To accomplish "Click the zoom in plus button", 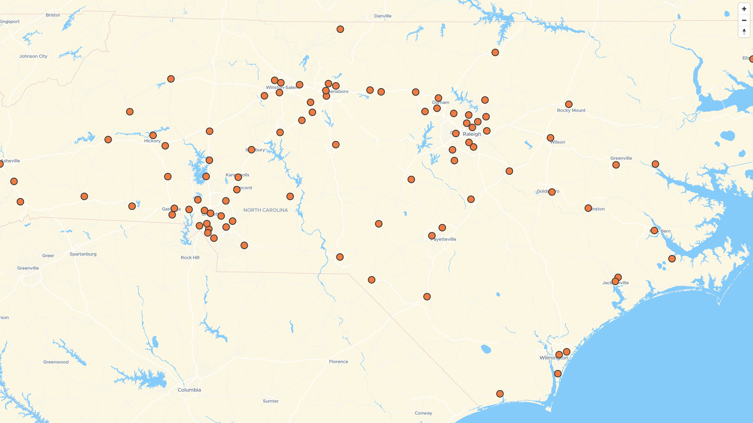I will [x=744, y=9].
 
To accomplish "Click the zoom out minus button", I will [x=744, y=20].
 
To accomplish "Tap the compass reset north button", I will [x=744, y=31].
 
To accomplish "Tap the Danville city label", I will [x=382, y=16].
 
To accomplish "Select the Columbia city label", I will [x=189, y=390].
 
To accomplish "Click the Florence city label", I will [x=338, y=362].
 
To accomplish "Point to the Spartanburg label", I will [x=83, y=254].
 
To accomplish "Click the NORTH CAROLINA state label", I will [x=266, y=210].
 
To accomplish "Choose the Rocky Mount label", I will [x=571, y=110].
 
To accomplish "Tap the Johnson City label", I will [x=33, y=56].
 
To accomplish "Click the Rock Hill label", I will [x=190, y=257].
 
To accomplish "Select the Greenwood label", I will [x=56, y=362].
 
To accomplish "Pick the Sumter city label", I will [x=271, y=401].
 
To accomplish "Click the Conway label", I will [x=423, y=413].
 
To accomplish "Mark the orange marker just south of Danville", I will [x=340, y=29].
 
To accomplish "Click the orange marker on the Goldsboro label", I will [x=552, y=192].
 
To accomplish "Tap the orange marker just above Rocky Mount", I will [x=569, y=104].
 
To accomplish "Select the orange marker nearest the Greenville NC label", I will [x=616, y=165].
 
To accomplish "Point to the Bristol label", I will [x=53, y=15].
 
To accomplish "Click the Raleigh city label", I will [x=471, y=134].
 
